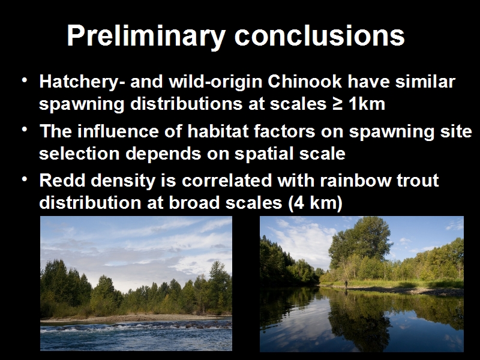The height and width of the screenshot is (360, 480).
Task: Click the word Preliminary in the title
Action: pyautogui.click(x=146, y=36)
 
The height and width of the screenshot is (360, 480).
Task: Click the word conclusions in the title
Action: pyautogui.click(x=320, y=35)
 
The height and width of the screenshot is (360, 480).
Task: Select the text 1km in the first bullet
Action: pyautogui.click(x=367, y=104)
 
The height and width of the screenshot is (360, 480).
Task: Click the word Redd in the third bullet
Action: pyautogui.click(x=62, y=180)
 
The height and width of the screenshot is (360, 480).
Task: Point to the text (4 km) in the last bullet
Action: pyautogui.click(x=315, y=203)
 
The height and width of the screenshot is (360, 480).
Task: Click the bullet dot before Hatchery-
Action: pyautogui.click(x=25, y=80)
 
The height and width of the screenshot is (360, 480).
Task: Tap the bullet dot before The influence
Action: pyautogui.click(x=25, y=130)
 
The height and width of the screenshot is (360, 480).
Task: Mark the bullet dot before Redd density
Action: pyautogui.click(x=25, y=179)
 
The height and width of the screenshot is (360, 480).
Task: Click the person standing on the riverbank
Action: pyautogui.click(x=346, y=284)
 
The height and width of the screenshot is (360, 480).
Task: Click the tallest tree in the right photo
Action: pyautogui.click(x=361, y=245)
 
